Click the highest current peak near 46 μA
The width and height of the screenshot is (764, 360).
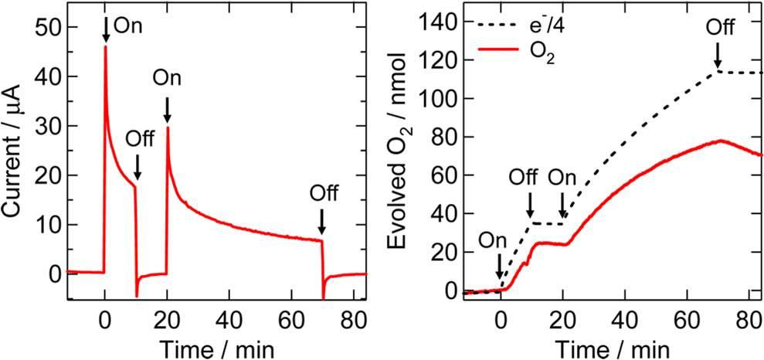(x=105, y=47)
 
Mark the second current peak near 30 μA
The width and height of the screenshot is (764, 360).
(x=167, y=127)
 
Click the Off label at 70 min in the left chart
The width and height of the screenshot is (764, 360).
(x=322, y=192)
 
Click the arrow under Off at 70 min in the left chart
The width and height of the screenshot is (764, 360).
(x=321, y=222)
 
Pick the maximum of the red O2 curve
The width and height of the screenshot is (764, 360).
(x=720, y=141)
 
